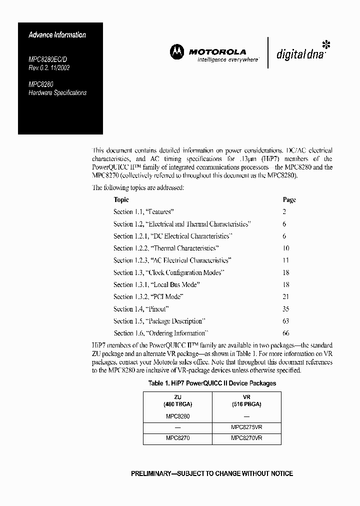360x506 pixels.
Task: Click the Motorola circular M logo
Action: pos(176,51)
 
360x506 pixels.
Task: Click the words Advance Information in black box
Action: pos(57,35)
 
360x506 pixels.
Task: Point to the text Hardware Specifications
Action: pos(57,93)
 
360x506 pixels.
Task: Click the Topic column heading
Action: pos(121,199)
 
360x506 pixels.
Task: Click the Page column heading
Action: pos(289,199)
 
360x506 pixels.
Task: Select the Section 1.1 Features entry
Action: pos(143,212)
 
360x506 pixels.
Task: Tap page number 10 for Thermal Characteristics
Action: pos(286,248)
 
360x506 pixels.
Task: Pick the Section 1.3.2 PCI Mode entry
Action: pos(148,296)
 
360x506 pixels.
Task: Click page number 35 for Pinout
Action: pos(286,309)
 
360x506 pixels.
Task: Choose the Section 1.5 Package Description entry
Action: pos(159,321)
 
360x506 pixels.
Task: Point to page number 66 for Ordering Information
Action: pos(286,333)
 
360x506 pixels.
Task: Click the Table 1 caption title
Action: pos(212,383)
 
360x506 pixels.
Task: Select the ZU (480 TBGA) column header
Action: pos(177,400)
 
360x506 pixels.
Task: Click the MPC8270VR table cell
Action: pos(246,438)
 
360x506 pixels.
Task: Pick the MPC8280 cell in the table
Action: pos(177,416)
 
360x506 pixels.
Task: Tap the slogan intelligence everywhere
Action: pos(221,59)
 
